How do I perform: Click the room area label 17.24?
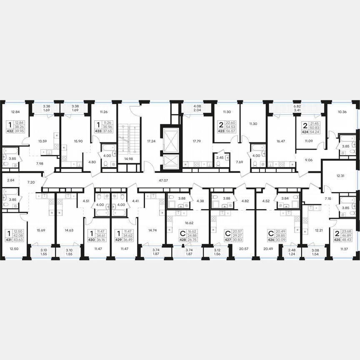(151, 141)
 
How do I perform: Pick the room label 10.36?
(342, 112)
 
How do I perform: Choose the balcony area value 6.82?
(297, 106)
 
